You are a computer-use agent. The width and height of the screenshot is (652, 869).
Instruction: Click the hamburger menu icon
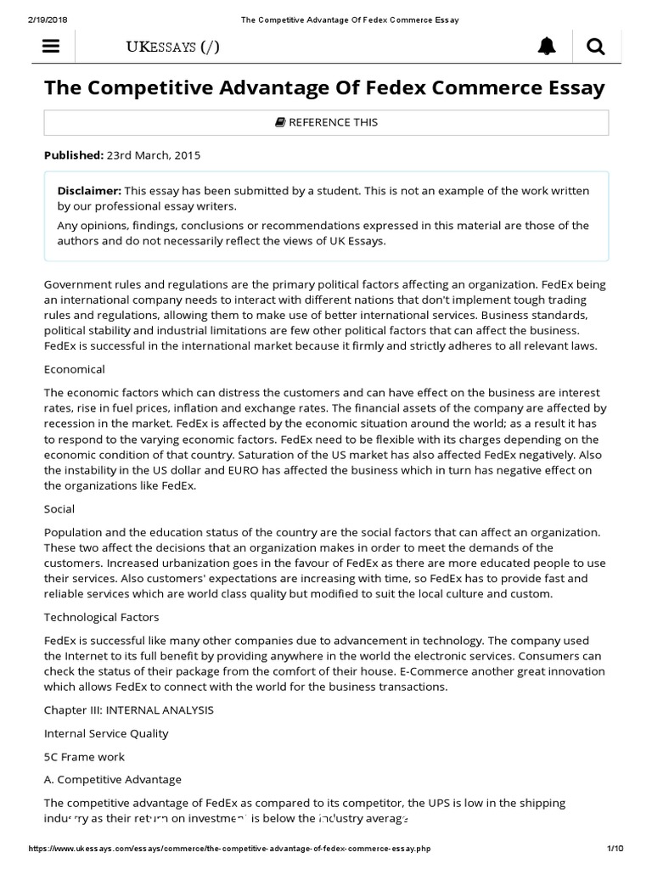pos(51,48)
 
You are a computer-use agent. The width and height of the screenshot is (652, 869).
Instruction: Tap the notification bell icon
pos(548,48)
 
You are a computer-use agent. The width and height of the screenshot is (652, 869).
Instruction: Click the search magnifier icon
pos(596,48)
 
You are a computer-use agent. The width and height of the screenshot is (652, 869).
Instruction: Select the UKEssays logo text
pos(172,48)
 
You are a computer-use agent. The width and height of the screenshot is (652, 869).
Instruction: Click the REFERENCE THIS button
pos(326,122)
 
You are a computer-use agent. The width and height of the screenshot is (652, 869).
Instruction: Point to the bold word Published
pos(73,155)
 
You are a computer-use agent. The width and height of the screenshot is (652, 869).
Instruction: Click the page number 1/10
pos(615,849)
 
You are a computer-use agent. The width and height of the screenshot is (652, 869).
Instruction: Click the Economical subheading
pos(75,369)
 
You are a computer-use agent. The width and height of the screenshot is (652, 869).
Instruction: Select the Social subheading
pos(59,508)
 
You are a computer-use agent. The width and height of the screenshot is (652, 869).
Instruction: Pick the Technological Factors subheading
pos(101,617)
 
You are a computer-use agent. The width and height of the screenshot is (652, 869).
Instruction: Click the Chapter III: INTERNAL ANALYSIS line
pos(129,709)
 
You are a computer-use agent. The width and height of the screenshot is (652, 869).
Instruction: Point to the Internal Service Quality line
pos(106,732)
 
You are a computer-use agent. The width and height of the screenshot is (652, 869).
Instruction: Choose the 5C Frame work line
pos(84,756)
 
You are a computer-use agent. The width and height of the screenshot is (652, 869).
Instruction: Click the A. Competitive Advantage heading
pos(112,779)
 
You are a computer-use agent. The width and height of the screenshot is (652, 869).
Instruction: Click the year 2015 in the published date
pos(185,155)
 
